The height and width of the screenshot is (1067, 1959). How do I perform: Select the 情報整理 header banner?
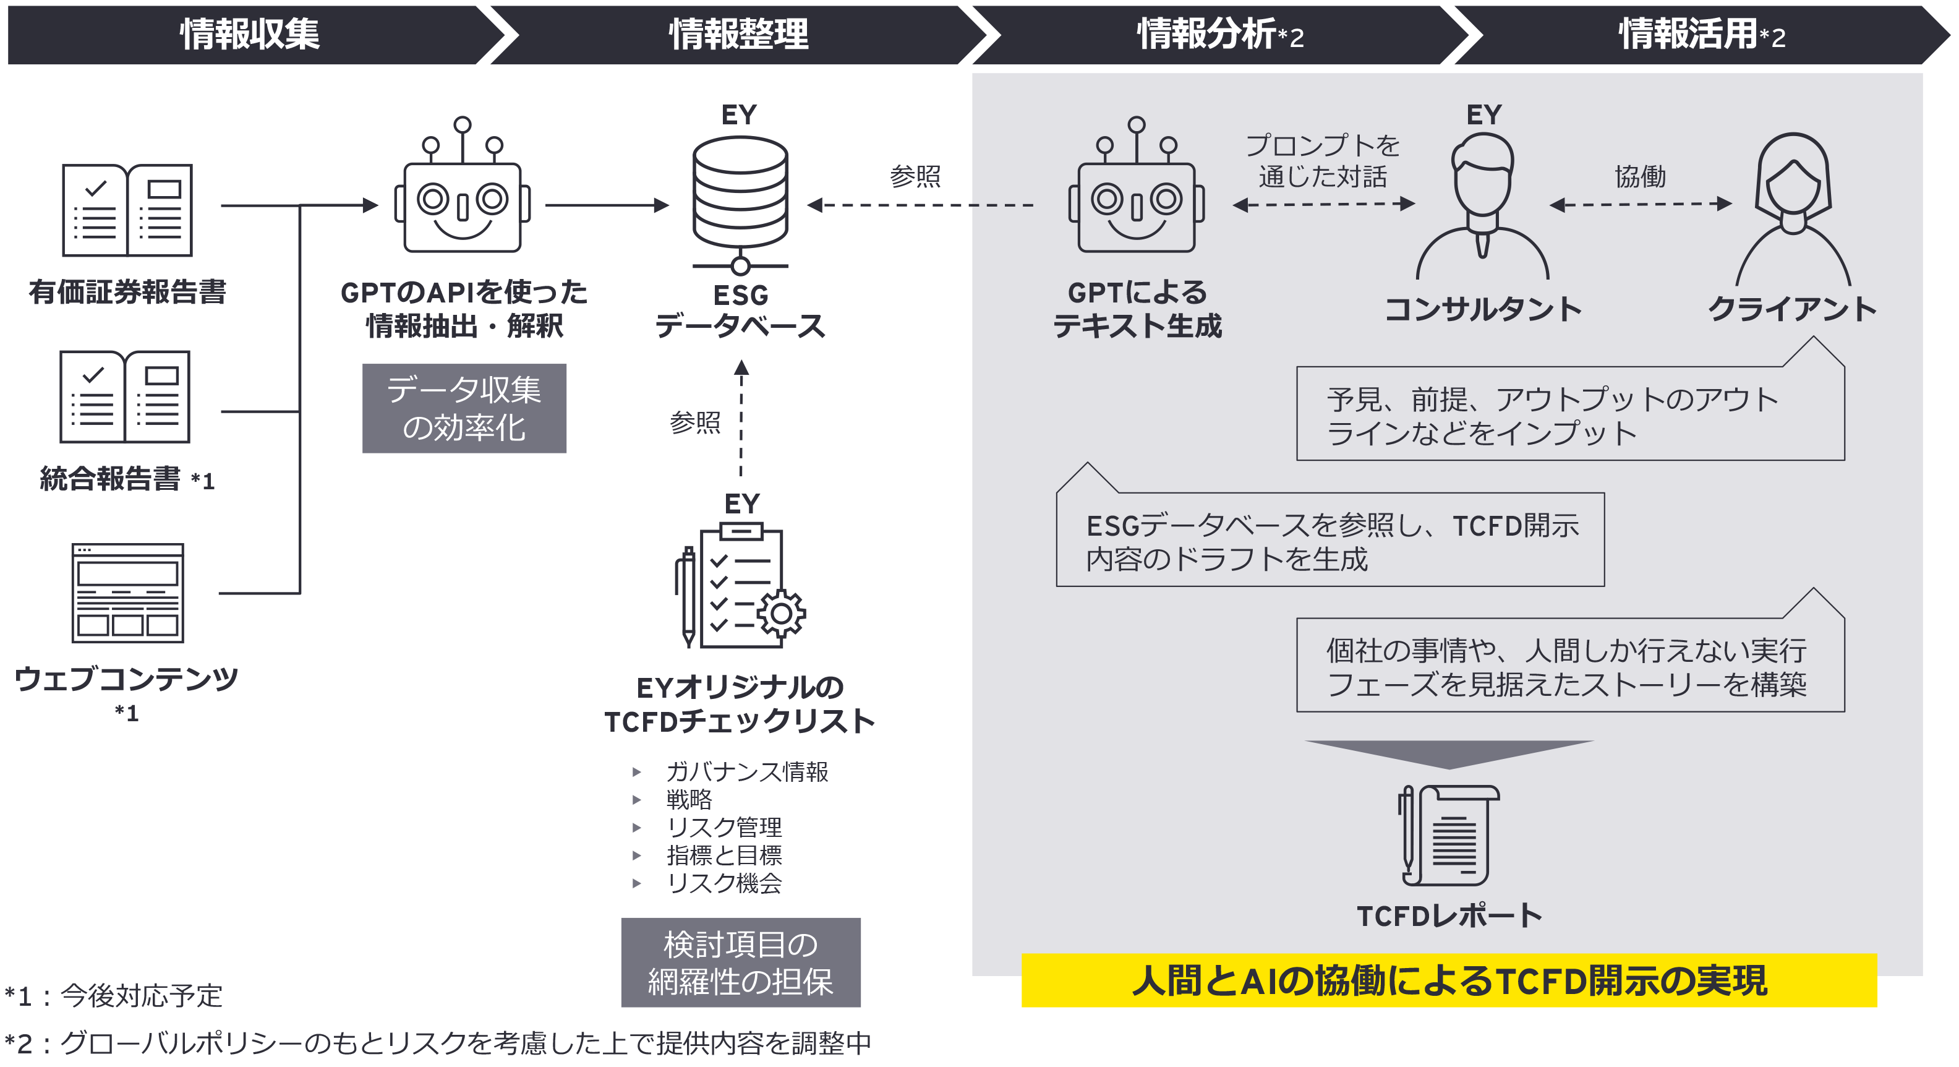coord(738,34)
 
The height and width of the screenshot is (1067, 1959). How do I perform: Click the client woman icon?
coord(1793,209)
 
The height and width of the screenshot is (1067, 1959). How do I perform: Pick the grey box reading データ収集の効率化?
coord(464,408)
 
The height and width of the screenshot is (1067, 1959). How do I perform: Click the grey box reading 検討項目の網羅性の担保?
coord(740,962)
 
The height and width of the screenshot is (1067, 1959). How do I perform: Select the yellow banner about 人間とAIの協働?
coord(1449,980)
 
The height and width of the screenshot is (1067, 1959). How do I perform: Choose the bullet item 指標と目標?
coord(723,855)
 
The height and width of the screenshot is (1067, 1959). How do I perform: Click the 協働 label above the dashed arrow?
coord(1641,176)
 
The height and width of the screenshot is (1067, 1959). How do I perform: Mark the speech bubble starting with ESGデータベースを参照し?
coord(1330,540)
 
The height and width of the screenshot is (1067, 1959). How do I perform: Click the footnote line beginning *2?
coord(437,1043)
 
